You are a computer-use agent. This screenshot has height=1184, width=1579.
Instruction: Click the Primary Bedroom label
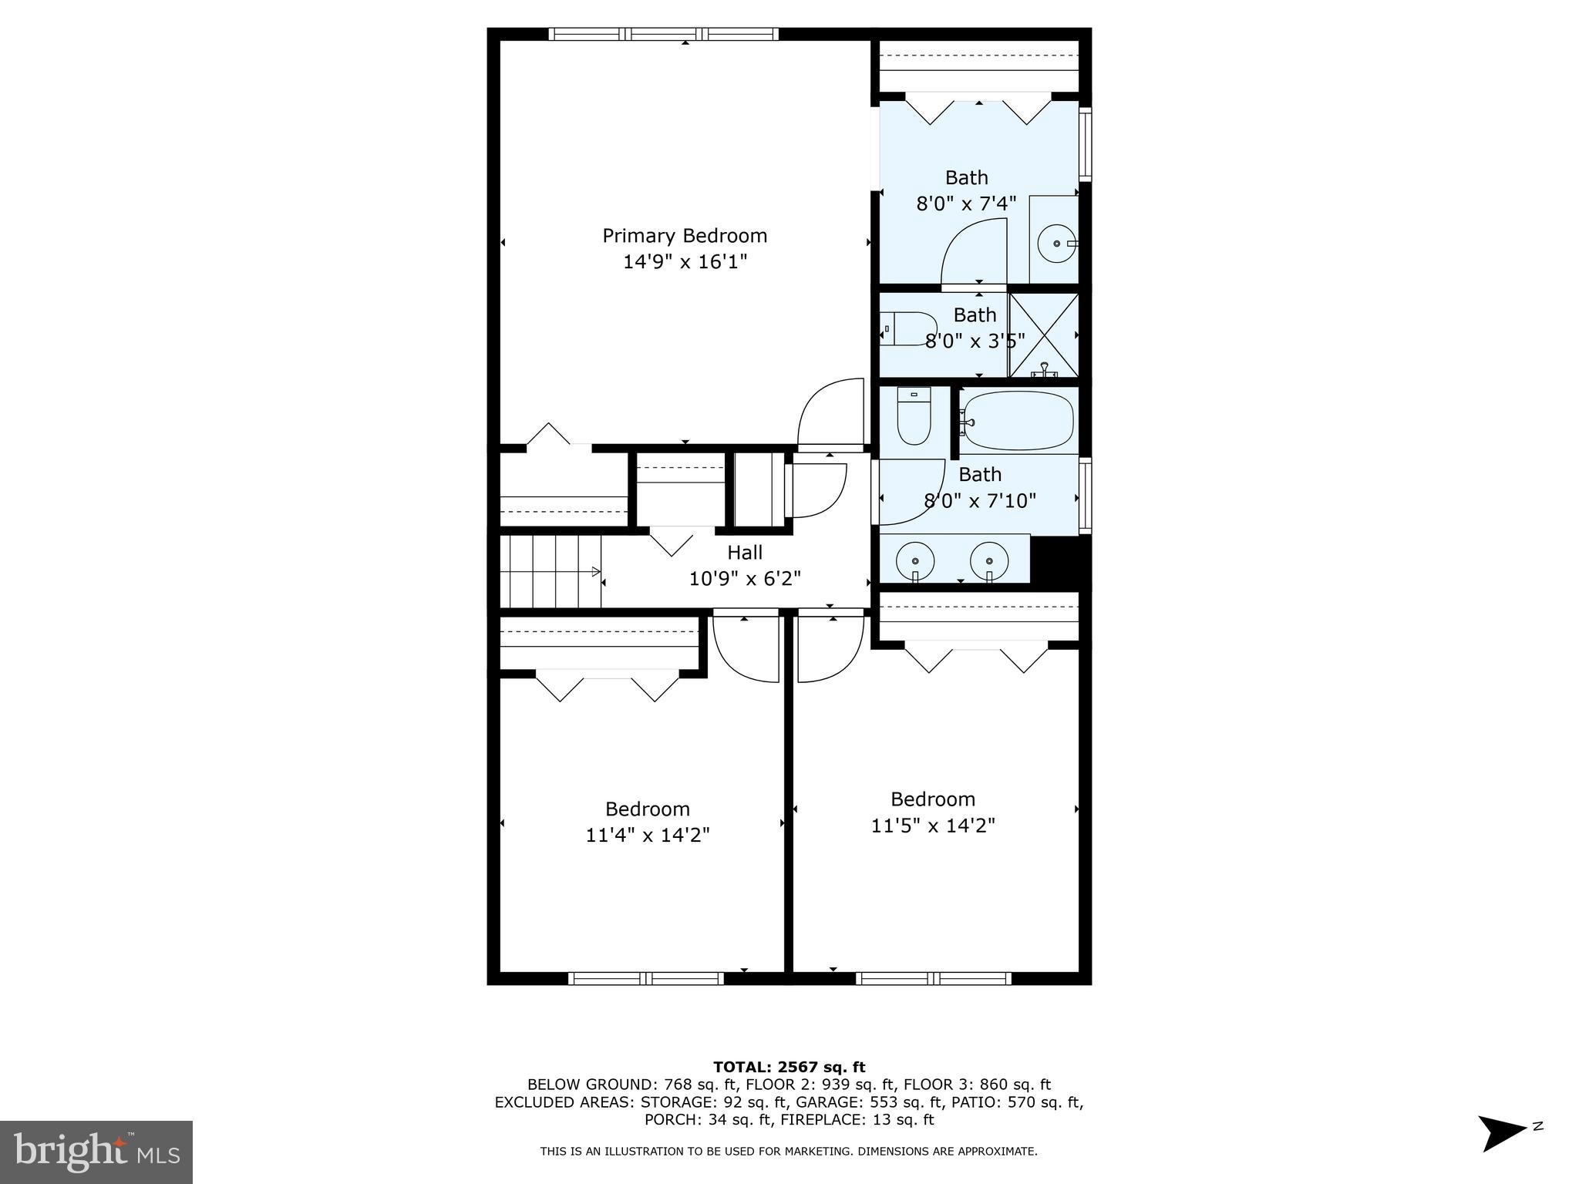pyautogui.click(x=685, y=236)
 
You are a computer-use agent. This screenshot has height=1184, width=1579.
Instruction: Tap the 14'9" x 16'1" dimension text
pyautogui.click(x=685, y=262)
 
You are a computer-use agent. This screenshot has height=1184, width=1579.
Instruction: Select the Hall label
pyautogui.click(x=745, y=553)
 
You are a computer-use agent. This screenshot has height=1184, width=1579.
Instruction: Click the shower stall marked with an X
pyautogui.click(x=1043, y=335)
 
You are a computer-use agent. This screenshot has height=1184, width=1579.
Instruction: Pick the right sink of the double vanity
pyautogui.click(x=988, y=559)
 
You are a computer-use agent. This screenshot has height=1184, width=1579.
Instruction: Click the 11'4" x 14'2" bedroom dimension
pyautogui.click(x=648, y=835)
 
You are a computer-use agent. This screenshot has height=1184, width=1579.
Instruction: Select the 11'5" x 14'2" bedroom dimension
pyautogui.click(x=933, y=826)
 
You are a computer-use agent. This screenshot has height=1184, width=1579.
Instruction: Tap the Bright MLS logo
pyautogui.click(x=96, y=1152)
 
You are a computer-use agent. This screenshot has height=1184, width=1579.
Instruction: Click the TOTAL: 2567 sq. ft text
pyautogui.click(x=789, y=1068)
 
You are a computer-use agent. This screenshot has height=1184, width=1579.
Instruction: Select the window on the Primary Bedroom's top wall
pyautogui.click(x=664, y=34)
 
